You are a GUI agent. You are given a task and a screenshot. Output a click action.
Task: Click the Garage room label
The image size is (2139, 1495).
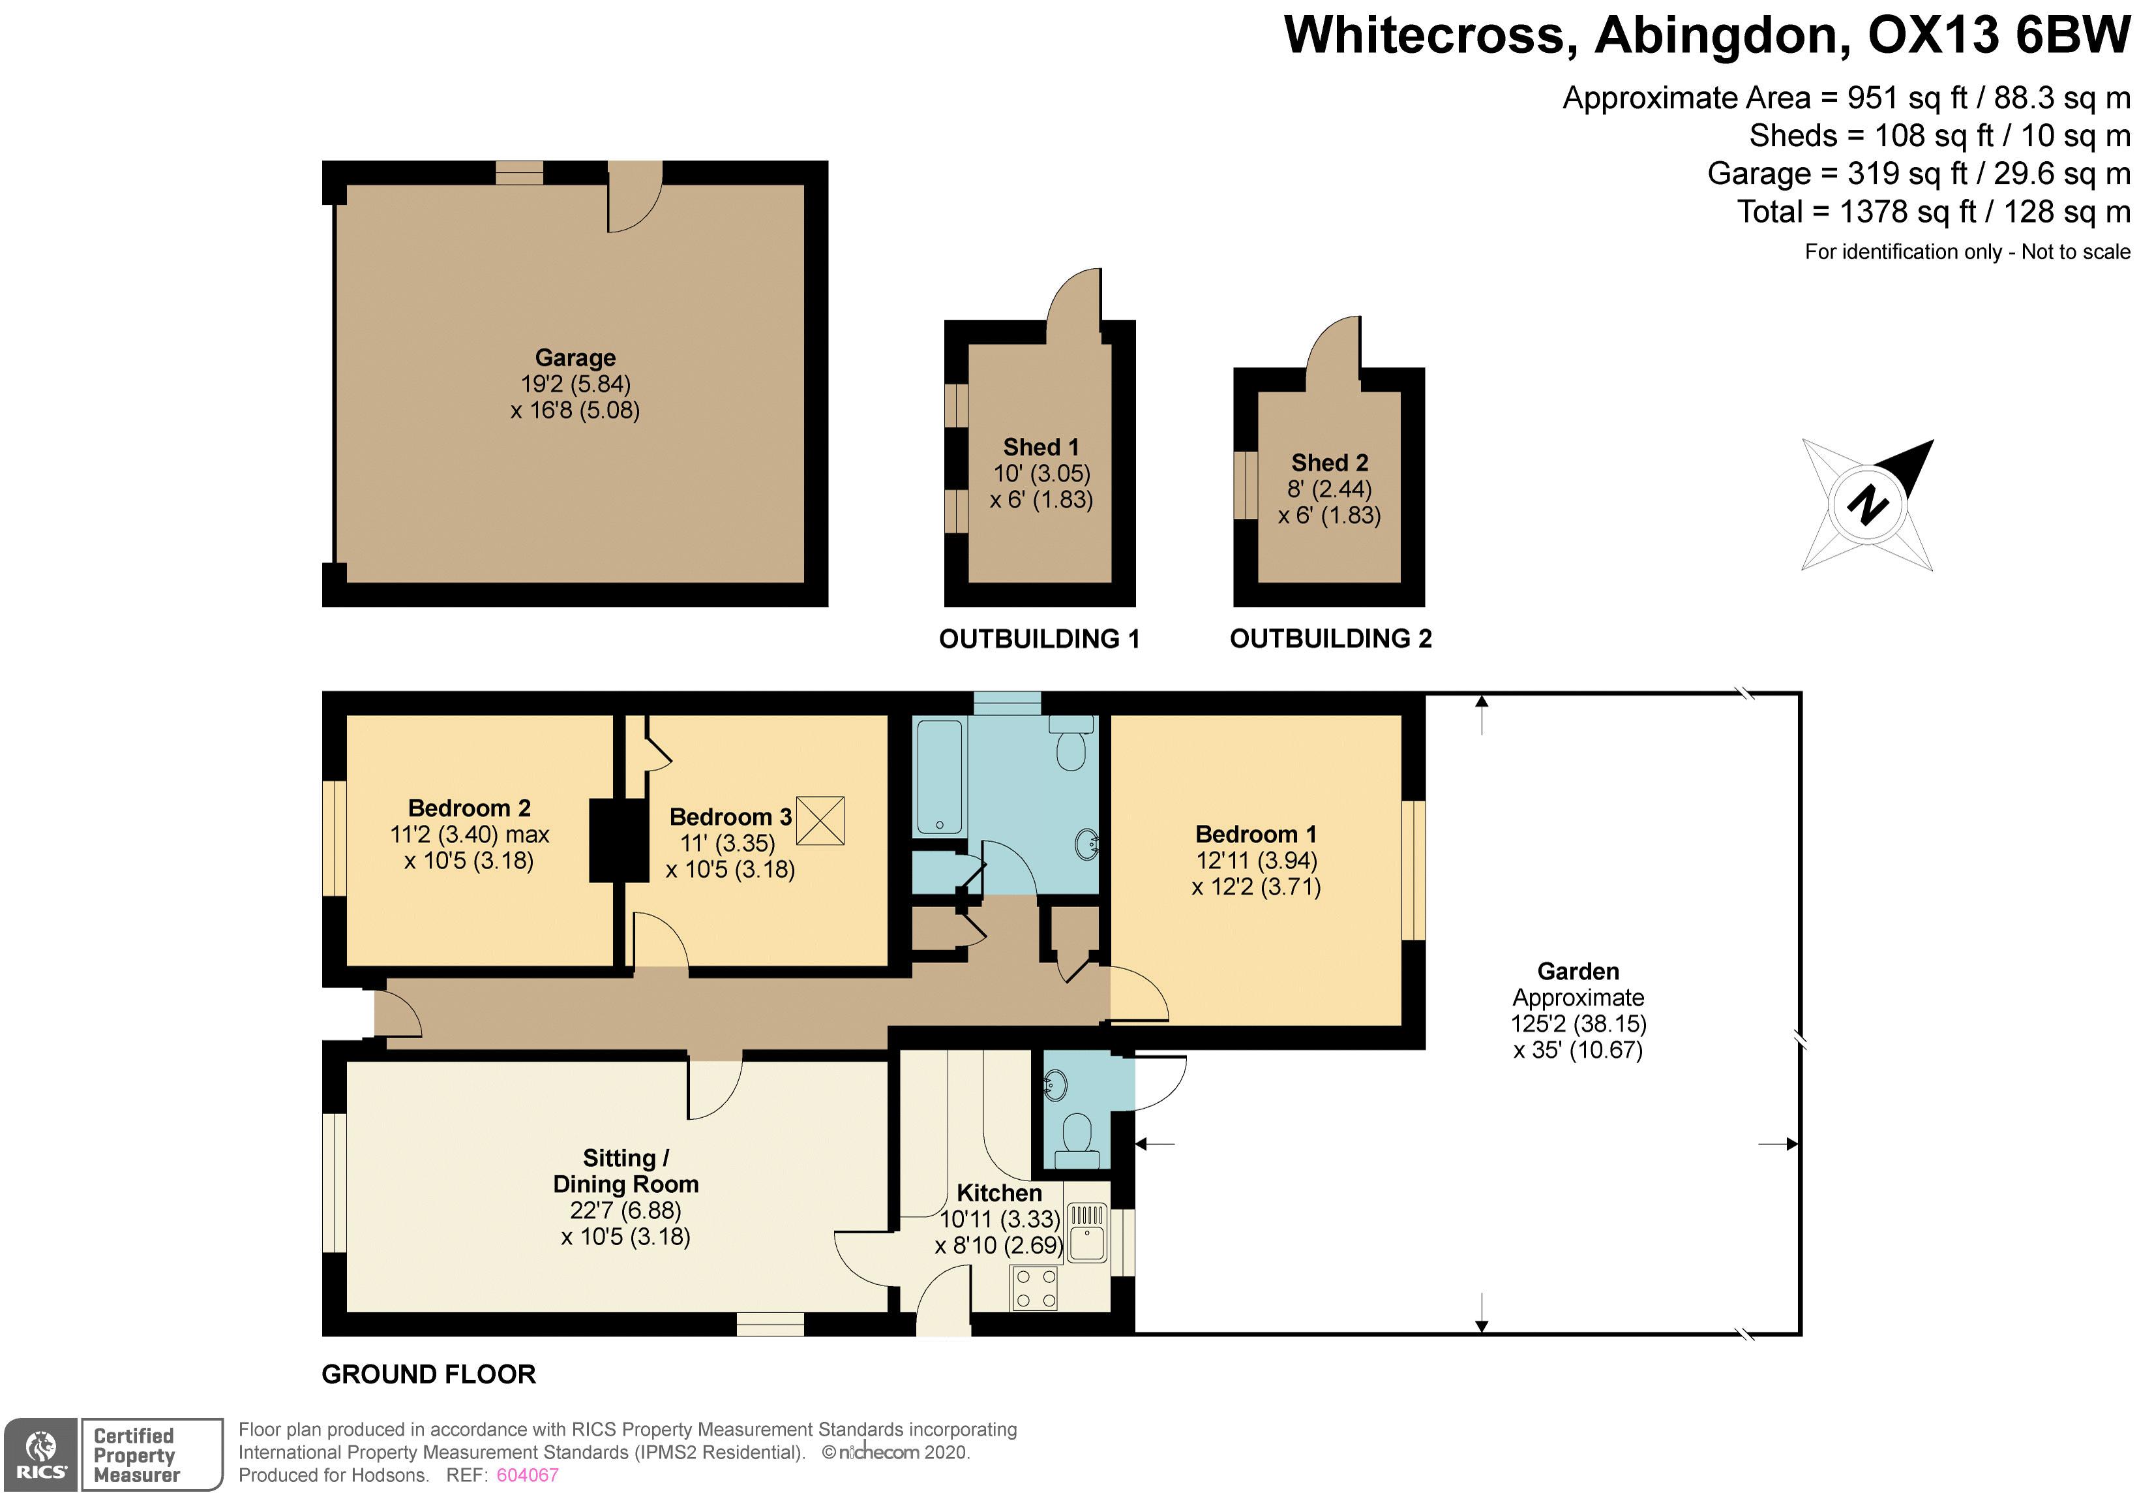576,358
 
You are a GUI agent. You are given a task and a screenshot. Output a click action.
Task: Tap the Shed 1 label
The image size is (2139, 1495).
1041,448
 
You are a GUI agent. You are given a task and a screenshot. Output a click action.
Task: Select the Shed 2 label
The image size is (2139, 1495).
1330,463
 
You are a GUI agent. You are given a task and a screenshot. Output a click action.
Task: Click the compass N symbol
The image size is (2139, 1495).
1868,505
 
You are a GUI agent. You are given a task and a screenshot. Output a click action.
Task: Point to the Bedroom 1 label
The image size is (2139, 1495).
1256,834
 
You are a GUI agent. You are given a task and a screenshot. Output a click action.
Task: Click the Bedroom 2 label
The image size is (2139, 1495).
470,808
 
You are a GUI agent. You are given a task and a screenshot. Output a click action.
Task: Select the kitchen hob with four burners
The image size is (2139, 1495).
1036,1289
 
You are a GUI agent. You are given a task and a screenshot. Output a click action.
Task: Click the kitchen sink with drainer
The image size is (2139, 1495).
1086,1233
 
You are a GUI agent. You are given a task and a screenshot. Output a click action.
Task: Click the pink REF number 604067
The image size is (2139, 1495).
528,1475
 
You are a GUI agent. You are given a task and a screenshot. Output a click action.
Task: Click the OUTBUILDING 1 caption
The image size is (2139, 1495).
1040,640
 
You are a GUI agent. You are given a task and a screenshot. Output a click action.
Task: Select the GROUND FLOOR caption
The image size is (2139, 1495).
428,1375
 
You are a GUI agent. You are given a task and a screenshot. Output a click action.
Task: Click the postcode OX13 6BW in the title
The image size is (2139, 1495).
1999,35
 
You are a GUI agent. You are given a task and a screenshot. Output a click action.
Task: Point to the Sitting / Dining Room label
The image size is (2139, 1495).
626,1171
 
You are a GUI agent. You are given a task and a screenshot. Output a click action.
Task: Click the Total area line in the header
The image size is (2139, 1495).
1934,211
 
